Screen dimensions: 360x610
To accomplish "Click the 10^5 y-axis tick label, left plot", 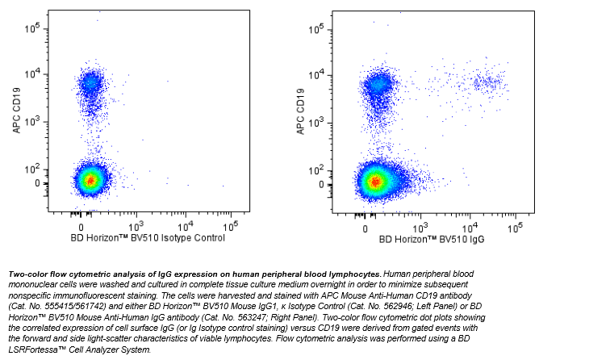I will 33,27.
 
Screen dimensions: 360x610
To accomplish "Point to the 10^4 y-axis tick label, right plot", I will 316,74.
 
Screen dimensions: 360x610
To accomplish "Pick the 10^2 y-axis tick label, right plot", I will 316,170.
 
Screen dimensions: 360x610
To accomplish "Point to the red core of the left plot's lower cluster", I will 91,180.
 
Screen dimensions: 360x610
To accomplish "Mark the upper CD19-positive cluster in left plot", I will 90,82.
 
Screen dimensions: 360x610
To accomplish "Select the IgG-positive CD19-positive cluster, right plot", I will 487,82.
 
